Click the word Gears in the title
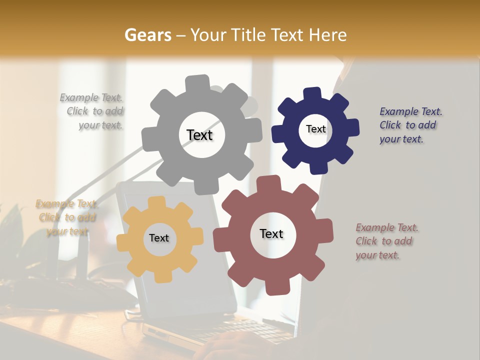(x=147, y=35)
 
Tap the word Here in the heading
(x=328, y=35)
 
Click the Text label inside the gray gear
(x=199, y=135)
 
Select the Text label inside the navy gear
(x=315, y=129)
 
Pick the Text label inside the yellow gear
(x=159, y=238)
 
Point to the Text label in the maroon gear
(x=271, y=233)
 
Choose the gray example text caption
(x=93, y=111)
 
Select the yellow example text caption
(x=66, y=217)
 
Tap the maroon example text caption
(x=386, y=241)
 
